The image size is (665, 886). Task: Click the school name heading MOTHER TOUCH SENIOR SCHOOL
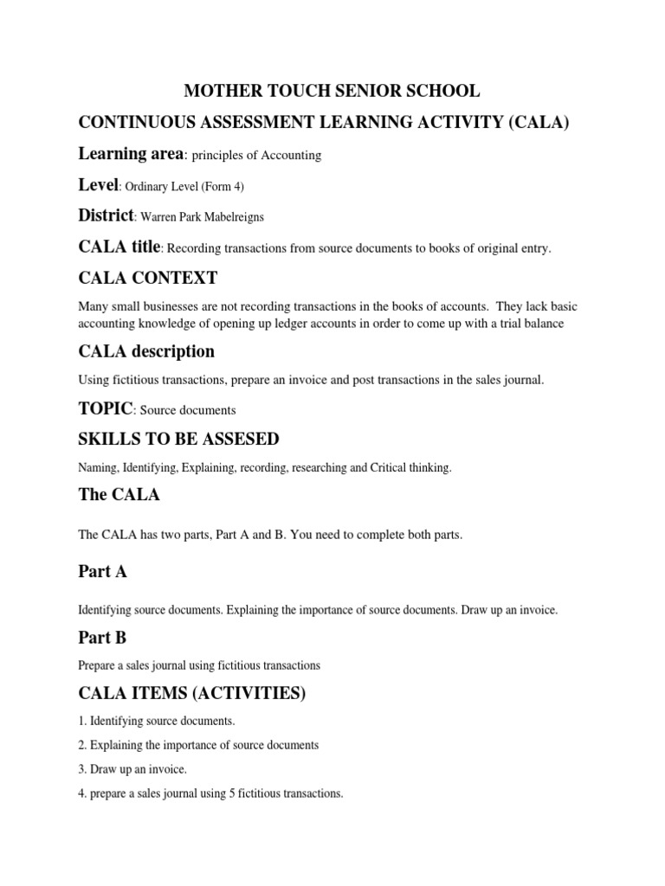coord(331,92)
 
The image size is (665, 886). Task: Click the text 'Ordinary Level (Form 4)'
coord(182,186)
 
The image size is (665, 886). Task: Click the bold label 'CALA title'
coord(119,247)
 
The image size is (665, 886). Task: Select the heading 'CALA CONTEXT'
coord(148,279)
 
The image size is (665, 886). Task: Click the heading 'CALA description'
coord(146,352)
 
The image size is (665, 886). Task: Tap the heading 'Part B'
coord(102,638)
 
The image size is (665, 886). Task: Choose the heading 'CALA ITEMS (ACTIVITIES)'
coord(190,693)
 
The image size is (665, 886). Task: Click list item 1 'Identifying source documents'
coord(157,721)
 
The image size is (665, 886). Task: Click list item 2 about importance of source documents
coord(198,744)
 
